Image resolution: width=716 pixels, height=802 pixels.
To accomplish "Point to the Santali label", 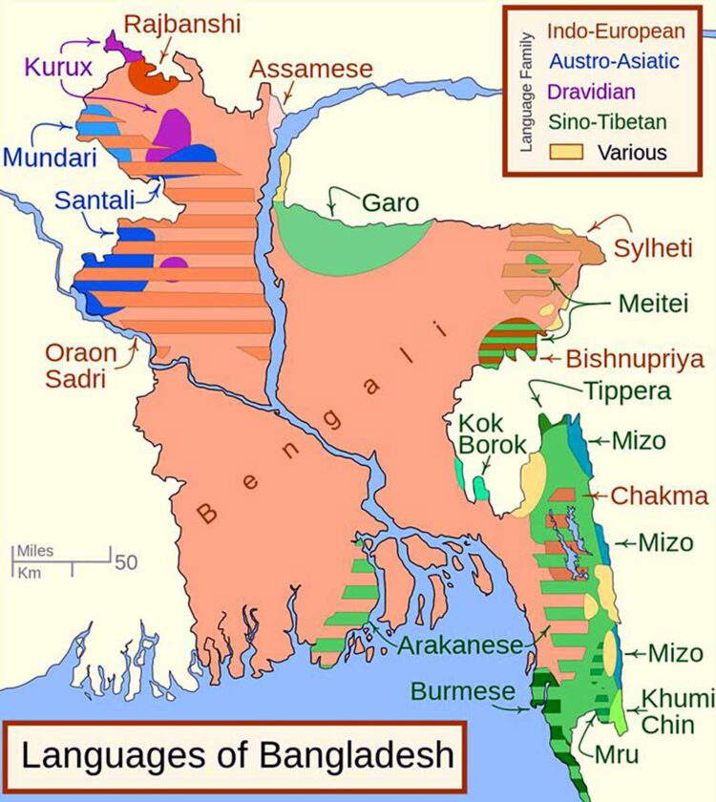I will [x=95, y=200].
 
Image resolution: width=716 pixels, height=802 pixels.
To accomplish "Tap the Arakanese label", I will [x=460, y=644].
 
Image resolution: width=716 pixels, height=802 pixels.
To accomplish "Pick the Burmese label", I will [x=463, y=691].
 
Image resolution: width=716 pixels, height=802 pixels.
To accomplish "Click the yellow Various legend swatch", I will [x=564, y=151].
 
